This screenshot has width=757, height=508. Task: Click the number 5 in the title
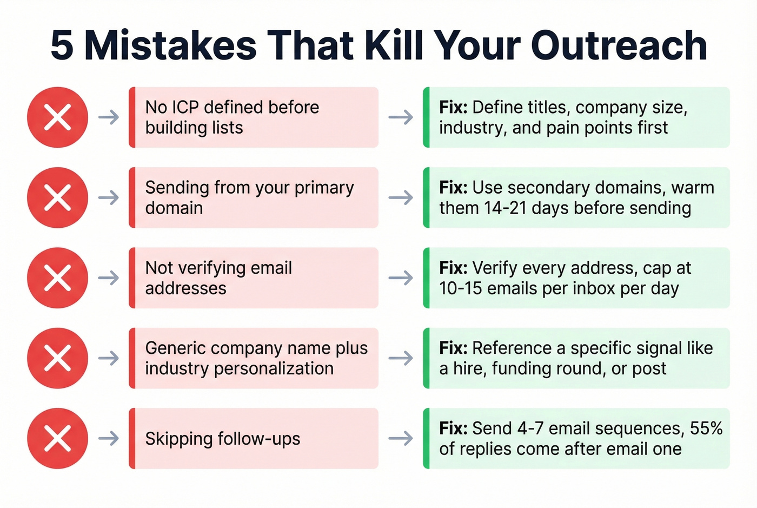click(62, 45)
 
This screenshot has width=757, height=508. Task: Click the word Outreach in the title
click(619, 45)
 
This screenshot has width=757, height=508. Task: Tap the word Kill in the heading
click(393, 45)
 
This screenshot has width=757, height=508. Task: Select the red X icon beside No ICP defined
click(57, 117)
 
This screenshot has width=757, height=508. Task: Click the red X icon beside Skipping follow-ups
click(57, 438)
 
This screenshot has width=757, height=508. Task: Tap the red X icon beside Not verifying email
click(57, 278)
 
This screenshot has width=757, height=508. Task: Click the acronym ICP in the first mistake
click(185, 107)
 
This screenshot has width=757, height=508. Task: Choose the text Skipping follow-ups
click(222, 438)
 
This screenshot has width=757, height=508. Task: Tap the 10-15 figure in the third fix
click(460, 288)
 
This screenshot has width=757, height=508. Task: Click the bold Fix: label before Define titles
click(453, 107)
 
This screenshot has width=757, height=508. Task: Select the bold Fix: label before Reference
click(453, 348)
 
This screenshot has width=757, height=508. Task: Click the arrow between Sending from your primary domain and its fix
click(401, 197)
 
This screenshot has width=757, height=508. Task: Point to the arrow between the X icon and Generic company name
click(109, 358)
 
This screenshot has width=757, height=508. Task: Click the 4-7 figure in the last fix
click(530, 428)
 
